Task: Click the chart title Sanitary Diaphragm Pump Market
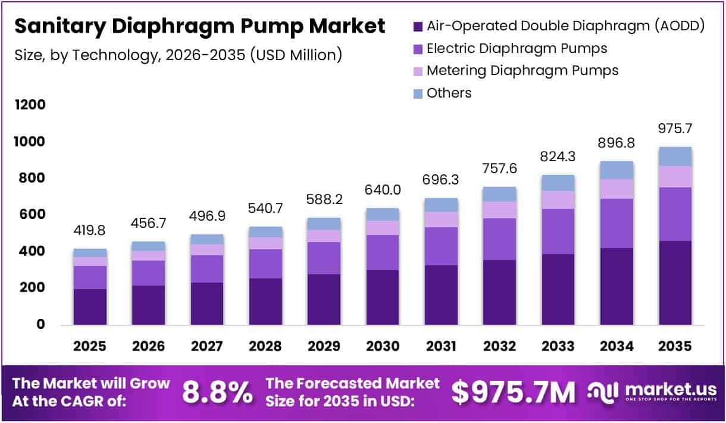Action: (199, 27)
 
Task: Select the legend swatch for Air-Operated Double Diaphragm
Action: (417, 26)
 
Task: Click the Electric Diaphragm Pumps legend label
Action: (517, 48)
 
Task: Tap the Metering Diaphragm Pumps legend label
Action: (522, 70)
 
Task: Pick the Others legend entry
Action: (449, 93)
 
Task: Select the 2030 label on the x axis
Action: (383, 346)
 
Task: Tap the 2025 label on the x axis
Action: (90, 346)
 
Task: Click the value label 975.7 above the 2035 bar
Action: (675, 129)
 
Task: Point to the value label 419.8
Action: (90, 231)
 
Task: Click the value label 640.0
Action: (383, 190)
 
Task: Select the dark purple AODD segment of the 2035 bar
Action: (675, 283)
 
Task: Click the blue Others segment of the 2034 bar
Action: (617, 170)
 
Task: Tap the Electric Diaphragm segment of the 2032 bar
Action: (500, 239)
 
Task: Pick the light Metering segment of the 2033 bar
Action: (558, 200)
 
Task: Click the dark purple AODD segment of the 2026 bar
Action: (148, 305)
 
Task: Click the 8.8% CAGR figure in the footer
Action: (217, 392)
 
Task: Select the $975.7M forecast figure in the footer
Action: (514, 392)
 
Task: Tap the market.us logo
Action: (653, 391)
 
